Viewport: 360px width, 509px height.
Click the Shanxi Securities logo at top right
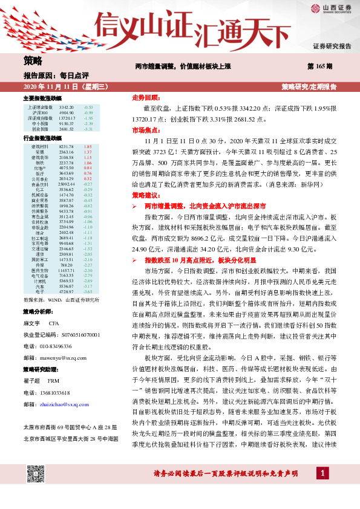coord(330,8)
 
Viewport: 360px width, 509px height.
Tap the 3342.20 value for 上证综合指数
coord(67,106)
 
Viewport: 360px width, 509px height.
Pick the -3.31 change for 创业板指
coord(88,129)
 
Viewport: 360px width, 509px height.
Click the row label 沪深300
coord(41,112)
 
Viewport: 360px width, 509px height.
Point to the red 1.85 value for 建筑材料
coord(87,146)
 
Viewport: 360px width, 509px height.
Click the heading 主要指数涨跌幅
coord(42,98)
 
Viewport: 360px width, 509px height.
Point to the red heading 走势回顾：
coord(145,97)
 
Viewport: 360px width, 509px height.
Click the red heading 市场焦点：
coord(145,129)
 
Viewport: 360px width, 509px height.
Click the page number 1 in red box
coord(324,488)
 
